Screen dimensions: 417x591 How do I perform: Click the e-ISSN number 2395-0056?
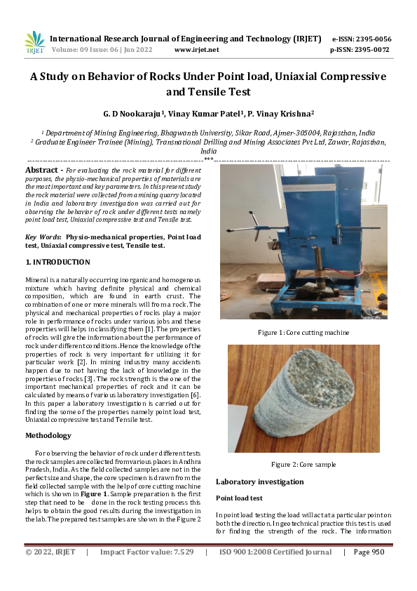coord(371,39)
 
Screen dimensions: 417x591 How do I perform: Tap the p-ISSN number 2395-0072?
coord(371,50)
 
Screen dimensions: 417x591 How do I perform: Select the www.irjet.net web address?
coord(196,50)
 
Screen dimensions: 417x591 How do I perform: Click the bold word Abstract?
coord(41,170)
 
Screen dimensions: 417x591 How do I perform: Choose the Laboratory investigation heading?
coord(259,482)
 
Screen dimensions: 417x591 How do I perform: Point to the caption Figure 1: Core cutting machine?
coord(303,332)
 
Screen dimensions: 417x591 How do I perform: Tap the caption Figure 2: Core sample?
coord(303,464)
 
